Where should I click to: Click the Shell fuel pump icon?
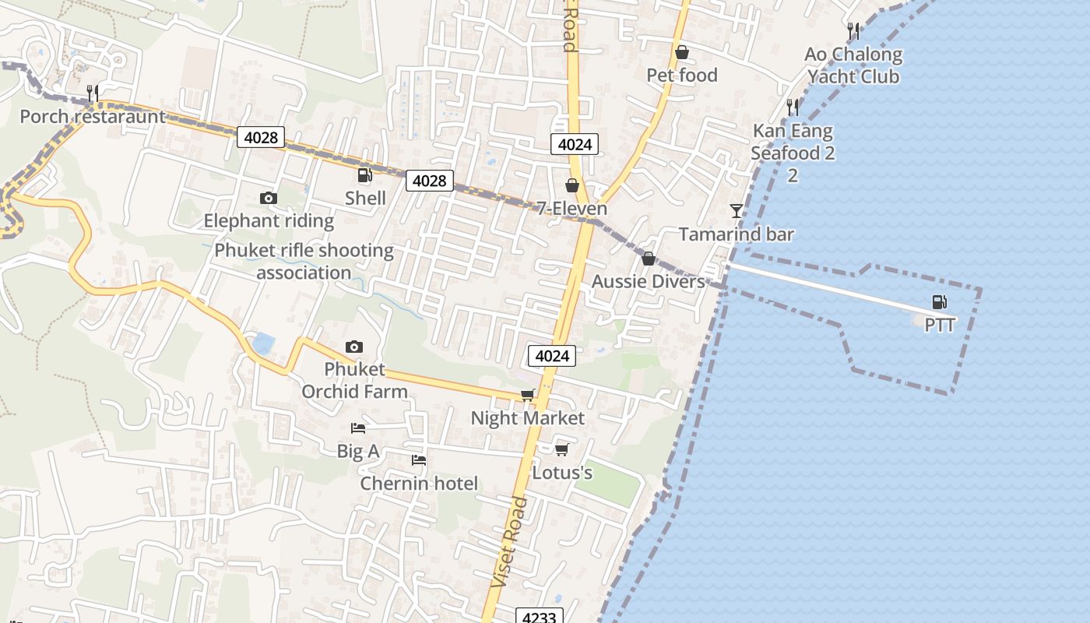tap(364, 176)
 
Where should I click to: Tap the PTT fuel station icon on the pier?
tap(940, 302)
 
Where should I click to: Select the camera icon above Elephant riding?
tap(269, 199)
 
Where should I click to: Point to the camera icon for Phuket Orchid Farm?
tap(354, 347)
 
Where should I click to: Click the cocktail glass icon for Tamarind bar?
tap(736, 211)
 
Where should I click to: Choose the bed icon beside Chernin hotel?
tap(419, 460)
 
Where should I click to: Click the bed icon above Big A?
tap(358, 428)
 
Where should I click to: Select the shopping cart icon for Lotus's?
tap(561, 450)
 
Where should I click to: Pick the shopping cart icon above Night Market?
tap(528, 396)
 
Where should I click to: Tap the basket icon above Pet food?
tap(682, 52)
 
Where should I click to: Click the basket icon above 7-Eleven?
tap(572, 185)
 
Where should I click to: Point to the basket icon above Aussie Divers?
tap(648, 259)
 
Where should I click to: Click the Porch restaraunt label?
tap(93, 117)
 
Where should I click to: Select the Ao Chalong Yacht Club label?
tap(853, 65)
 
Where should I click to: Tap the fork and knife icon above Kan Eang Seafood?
tap(793, 107)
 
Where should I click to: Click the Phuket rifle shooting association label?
tap(304, 262)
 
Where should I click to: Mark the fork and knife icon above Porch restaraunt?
tap(93, 93)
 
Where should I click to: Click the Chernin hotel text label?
tap(419, 484)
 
